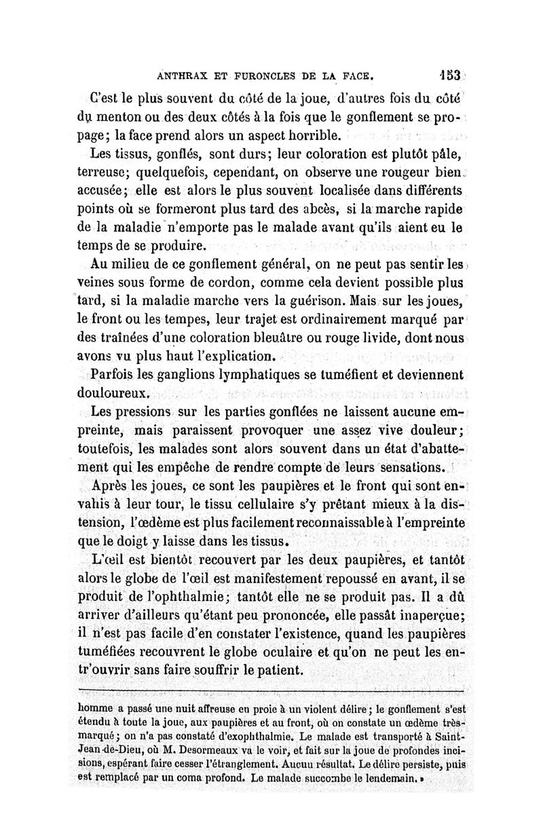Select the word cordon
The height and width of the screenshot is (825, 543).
[221, 280]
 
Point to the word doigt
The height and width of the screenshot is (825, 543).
[147, 542]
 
